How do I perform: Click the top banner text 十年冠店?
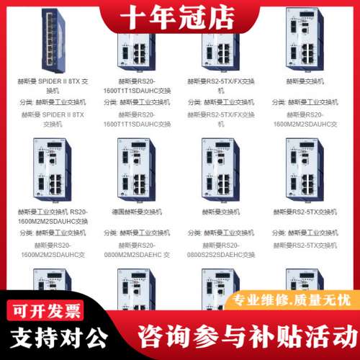coord(179,15)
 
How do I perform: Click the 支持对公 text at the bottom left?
coord(58,337)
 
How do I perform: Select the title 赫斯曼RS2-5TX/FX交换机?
coord(227,86)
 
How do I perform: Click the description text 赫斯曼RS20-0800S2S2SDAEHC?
coord(227,250)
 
